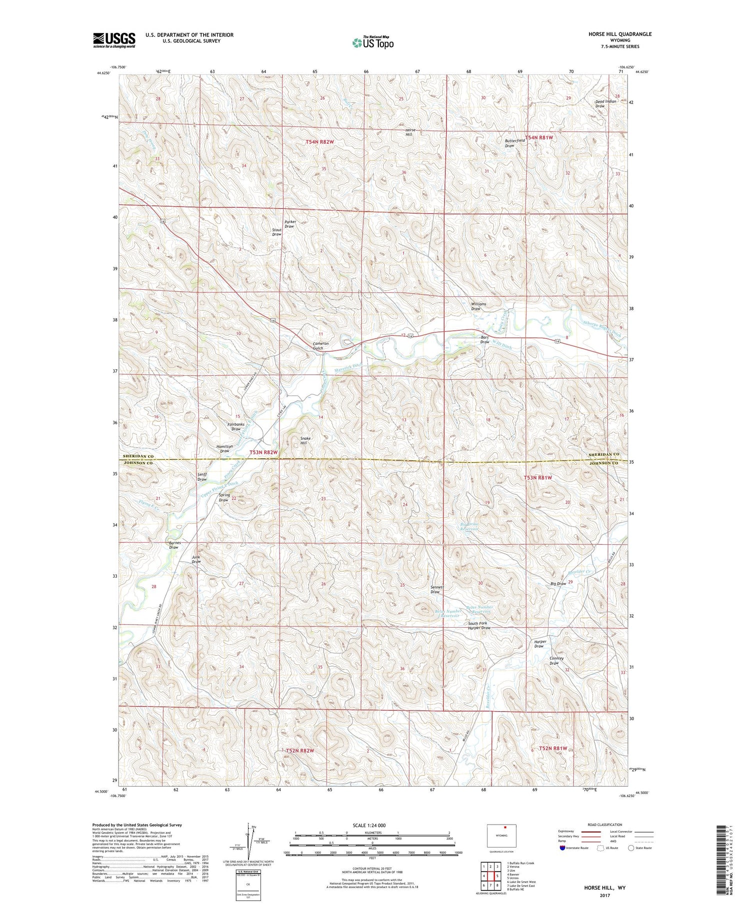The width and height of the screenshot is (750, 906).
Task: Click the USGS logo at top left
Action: [114, 40]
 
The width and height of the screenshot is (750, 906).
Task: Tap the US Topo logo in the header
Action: [372, 43]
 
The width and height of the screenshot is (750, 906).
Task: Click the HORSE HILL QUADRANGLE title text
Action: [620, 34]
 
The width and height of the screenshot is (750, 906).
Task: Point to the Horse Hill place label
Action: [410, 132]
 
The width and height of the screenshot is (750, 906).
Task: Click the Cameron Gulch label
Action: [320, 346]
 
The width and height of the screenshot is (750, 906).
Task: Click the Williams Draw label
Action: [478, 306]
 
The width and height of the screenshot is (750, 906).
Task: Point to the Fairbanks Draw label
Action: [236, 427]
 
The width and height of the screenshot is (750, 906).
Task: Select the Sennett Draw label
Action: [436, 590]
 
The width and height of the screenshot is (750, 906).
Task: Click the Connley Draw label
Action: [556, 661]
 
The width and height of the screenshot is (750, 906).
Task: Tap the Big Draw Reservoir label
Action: [469, 527]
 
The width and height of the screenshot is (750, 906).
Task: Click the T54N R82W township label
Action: [319, 142]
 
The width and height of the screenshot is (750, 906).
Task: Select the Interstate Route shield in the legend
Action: [562, 848]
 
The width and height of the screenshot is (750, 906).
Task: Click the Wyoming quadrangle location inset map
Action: [501, 836]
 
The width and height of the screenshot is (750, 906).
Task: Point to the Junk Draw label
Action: [196, 559]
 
